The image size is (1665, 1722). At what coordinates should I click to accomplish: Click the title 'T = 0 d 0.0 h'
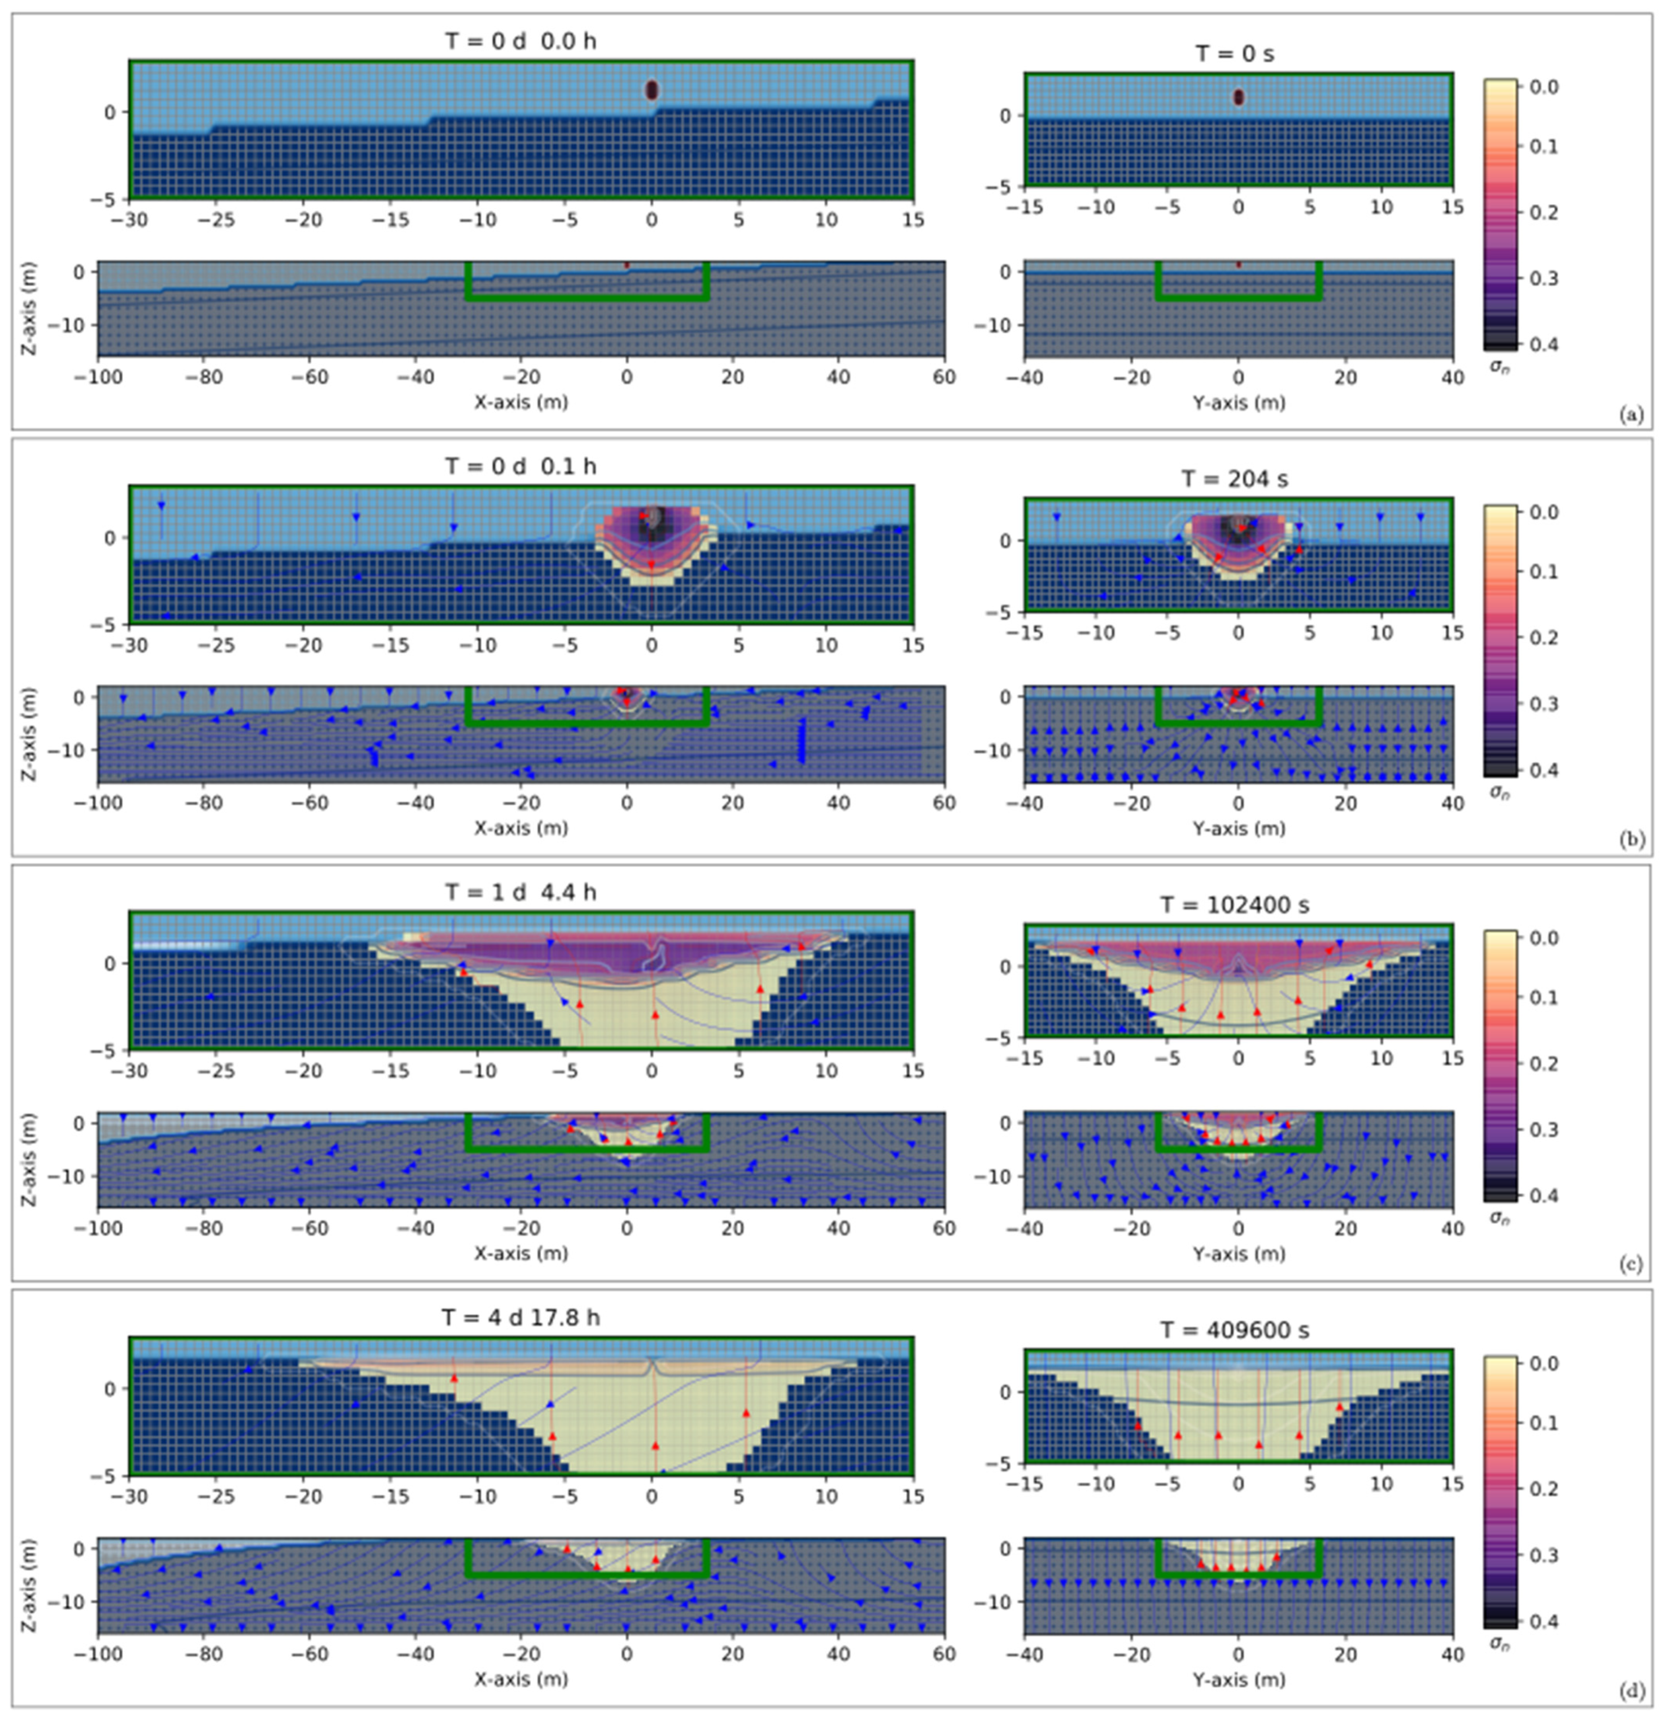coord(521,41)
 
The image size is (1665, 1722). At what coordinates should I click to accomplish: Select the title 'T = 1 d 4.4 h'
coord(521,892)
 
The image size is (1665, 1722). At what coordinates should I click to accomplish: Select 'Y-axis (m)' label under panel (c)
coord(1238,1254)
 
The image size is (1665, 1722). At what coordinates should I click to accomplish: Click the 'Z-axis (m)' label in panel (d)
coord(29,1586)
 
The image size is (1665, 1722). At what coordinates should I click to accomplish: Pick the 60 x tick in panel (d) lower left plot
coord(944,1654)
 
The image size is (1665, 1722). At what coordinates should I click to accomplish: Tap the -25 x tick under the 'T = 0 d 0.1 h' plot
coord(216,646)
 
